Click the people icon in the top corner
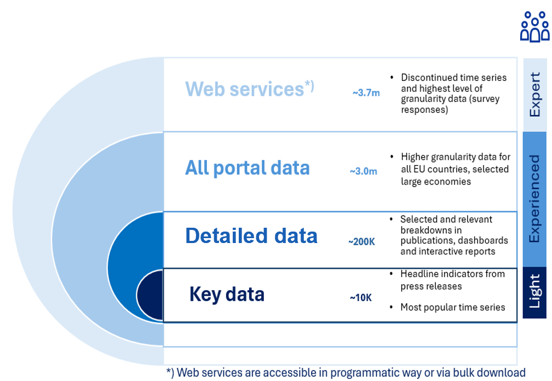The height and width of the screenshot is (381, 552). (534, 26)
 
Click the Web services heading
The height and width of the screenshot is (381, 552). (244, 89)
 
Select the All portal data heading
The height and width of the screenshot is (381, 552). (248, 168)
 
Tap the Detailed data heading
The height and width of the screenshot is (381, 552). (251, 236)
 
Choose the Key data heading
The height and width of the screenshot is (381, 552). (227, 295)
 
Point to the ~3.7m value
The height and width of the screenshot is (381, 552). (366, 93)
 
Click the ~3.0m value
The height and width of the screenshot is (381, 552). (364, 171)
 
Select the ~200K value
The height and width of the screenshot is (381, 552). (361, 241)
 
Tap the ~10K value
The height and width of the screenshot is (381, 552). (361, 298)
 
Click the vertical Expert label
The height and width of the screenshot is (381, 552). (535, 94)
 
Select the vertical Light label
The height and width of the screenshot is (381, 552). (535, 292)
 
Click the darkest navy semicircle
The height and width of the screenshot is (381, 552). (151, 295)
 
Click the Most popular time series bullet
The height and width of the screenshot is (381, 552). (452, 307)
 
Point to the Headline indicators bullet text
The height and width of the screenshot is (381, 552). (452, 280)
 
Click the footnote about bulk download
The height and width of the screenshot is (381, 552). (346, 372)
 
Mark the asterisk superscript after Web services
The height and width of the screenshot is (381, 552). (309, 84)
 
